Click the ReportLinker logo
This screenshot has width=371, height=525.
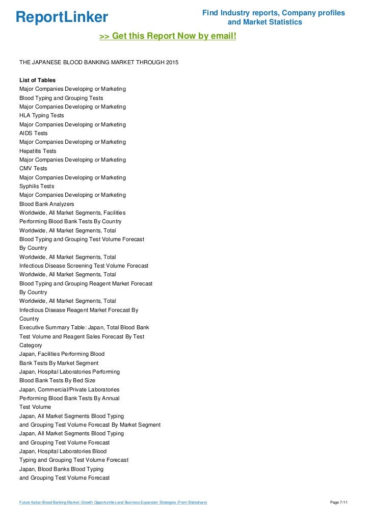(x=62, y=17)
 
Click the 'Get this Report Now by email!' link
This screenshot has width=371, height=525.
(x=168, y=37)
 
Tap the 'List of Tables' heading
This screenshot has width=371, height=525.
(x=37, y=80)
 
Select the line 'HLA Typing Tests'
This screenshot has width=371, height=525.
(x=42, y=116)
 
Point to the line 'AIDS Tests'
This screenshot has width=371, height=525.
(x=34, y=133)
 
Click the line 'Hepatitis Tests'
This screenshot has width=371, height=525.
(x=38, y=151)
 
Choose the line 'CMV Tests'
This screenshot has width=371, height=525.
(x=33, y=169)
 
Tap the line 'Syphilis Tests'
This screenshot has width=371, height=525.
(x=37, y=186)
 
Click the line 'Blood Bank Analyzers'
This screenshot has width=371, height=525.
(x=46, y=204)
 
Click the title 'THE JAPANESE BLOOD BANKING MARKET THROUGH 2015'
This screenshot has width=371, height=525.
(x=99, y=62)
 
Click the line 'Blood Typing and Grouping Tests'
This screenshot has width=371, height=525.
(x=61, y=98)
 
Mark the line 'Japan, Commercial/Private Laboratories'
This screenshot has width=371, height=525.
(x=69, y=389)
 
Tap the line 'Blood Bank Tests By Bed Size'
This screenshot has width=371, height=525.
(x=57, y=381)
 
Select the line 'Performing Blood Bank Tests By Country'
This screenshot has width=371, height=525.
(x=70, y=222)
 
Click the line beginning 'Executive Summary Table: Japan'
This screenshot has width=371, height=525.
(x=84, y=327)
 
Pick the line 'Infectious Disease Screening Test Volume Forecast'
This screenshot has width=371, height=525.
(x=84, y=266)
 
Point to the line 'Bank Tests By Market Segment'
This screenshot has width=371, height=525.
(x=59, y=363)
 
